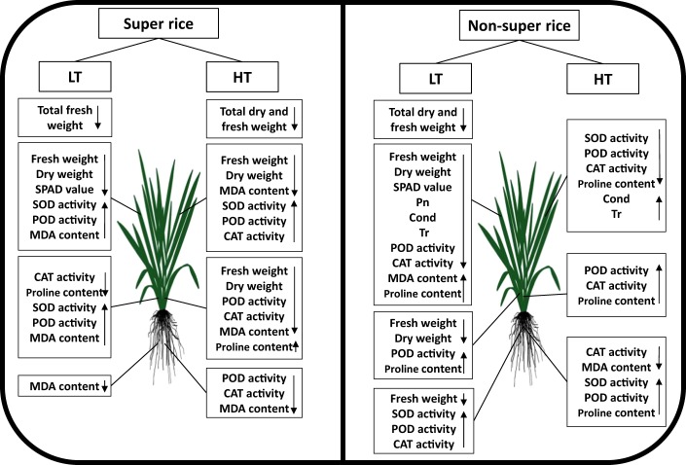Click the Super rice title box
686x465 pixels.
(x=171, y=22)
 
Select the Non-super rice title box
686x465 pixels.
(x=513, y=22)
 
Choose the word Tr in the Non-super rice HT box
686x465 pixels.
(x=616, y=214)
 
